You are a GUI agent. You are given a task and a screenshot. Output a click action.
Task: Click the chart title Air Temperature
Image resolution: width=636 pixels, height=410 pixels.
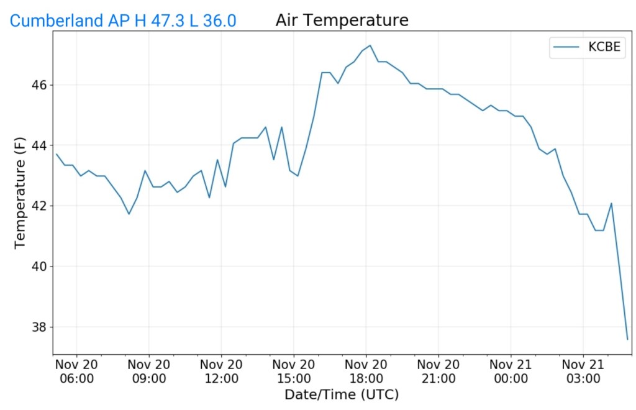342,20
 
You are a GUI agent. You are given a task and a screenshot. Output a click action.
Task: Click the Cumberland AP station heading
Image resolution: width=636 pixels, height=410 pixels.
123,20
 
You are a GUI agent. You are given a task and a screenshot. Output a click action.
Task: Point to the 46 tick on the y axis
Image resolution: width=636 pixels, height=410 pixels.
40,84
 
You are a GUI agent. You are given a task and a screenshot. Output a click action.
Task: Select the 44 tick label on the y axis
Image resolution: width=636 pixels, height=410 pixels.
40,145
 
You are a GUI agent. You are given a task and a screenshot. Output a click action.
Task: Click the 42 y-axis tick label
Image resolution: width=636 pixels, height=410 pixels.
40,206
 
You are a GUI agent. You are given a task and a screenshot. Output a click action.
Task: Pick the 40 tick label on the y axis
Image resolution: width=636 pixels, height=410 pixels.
40,266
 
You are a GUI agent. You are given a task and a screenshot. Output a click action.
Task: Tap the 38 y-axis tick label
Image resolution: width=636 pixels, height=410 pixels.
40,327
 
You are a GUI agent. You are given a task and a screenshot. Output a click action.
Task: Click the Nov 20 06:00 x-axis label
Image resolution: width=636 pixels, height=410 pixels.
76,371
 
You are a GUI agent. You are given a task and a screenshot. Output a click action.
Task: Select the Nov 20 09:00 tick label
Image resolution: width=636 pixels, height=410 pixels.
149,371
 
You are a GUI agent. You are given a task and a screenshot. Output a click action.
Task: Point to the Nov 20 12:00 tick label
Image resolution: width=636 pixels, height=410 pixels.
221,371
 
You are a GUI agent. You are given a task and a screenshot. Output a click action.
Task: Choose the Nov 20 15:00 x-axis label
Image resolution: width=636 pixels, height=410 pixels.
294,371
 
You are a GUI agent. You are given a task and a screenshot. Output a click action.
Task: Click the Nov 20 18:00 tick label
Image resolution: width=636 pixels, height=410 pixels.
366,371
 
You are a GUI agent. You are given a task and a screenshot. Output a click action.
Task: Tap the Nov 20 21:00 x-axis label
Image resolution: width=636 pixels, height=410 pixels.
438,371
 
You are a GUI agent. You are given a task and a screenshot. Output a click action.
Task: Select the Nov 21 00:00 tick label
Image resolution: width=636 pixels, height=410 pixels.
511,371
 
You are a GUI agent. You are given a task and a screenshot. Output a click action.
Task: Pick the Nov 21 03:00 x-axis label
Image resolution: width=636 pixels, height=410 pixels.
583,371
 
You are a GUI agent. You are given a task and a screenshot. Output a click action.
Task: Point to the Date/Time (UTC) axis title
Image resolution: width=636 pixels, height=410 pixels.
342,395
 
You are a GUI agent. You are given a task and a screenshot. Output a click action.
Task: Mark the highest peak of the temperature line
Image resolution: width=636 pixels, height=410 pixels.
370,45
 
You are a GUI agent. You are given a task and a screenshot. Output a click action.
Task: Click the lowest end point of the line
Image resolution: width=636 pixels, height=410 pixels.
627,339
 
